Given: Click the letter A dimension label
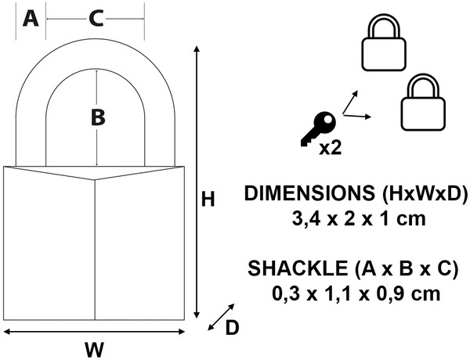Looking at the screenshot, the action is click(x=31, y=19).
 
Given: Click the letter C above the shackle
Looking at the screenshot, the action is click(x=96, y=19).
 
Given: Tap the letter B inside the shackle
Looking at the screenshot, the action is click(x=98, y=117).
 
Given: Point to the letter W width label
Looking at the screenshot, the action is click(x=95, y=349).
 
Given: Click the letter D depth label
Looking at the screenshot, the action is click(x=232, y=327).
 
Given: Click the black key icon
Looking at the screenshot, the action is click(x=318, y=129).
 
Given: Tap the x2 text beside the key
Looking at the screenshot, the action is click(x=330, y=148).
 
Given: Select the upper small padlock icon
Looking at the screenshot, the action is click(x=384, y=43).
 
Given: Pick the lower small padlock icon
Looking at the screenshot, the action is click(x=423, y=103).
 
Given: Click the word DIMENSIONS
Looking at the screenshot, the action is click(x=309, y=193).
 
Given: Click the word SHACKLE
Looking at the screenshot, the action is click(x=298, y=268).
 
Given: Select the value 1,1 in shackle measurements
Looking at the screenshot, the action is click(x=344, y=293).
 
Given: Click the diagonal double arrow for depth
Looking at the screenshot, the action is click(x=221, y=317).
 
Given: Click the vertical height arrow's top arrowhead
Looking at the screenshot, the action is click(x=197, y=49).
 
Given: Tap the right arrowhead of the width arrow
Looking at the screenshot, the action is click(x=182, y=332).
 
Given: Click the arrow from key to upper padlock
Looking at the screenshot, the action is click(x=350, y=102).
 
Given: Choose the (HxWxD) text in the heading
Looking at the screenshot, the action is click(x=425, y=193).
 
